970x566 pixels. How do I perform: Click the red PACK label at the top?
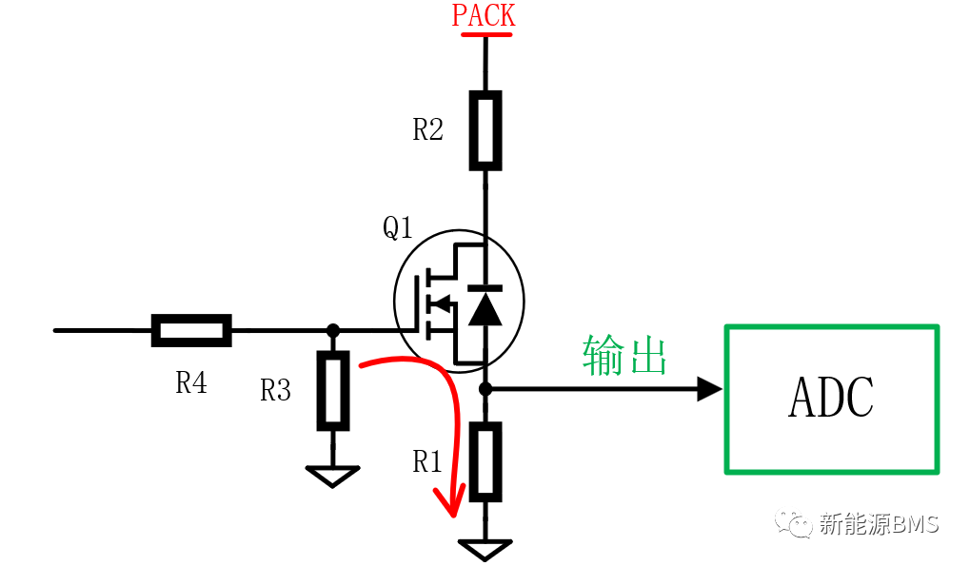pos(484,15)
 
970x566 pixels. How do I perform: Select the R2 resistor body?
pos(485,130)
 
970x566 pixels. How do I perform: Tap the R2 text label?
pos(427,129)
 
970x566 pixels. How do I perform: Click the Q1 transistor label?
pos(398,227)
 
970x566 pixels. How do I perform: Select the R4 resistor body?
pos(191,331)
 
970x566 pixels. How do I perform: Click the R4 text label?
pos(191,382)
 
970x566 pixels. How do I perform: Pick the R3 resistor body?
pos(333,391)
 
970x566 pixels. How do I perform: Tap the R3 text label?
pos(275,390)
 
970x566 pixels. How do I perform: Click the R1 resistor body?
pos(485,462)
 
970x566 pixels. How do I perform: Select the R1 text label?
pos(426,461)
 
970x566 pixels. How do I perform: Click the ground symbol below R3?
pos(333,477)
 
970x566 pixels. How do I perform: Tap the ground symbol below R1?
pos(485,550)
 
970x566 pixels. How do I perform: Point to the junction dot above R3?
pos(333,331)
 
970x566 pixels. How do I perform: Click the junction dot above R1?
pos(485,389)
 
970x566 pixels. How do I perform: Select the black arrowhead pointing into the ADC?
pos(709,389)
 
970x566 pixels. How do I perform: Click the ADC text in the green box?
pos(831,398)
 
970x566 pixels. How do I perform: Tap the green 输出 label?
pos(624,355)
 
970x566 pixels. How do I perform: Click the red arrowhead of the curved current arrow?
pos(450,501)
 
